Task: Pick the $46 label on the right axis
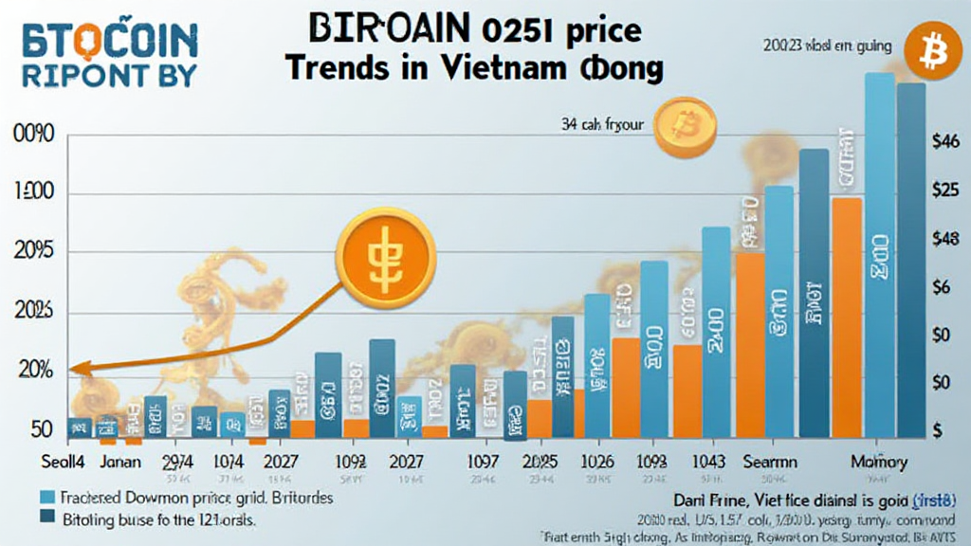pos(947,141)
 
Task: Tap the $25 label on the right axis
pos(947,191)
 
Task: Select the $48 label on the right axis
pos(947,240)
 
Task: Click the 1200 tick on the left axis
pos(33,194)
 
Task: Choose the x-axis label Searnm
pos(770,463)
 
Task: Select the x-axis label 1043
pos(705,463)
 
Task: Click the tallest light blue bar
pos(879,256)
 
